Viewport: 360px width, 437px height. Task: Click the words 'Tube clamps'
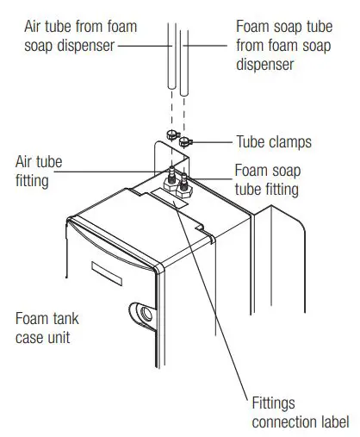[275, 141]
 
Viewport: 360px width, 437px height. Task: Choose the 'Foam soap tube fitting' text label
[266, 180]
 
